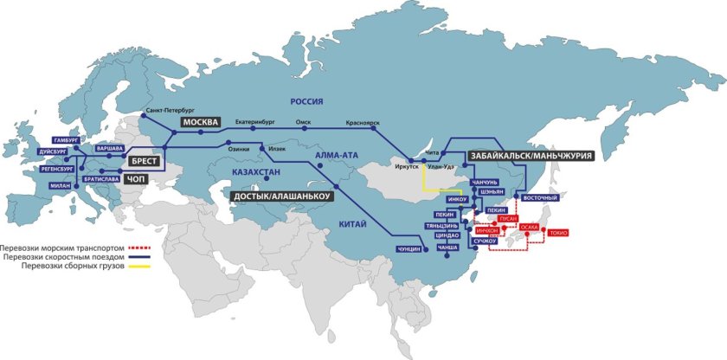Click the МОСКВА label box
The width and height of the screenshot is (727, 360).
click(x=200, y=123)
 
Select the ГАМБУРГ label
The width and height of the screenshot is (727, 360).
click(x=66, y=139)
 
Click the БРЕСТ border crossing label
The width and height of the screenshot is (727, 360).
click(x=145, y=161)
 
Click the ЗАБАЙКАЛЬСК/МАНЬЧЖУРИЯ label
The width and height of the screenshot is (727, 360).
click(x=531, y=156)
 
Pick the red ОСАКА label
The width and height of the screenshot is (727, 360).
click(x=529, y=228)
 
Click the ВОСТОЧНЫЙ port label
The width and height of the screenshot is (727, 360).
click(x=541, y=198)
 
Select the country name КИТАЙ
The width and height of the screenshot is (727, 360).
click(x=353, y=225)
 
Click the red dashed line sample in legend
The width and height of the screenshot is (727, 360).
click(x=139, y=247)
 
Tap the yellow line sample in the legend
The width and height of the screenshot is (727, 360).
click(x=139, y=265)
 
